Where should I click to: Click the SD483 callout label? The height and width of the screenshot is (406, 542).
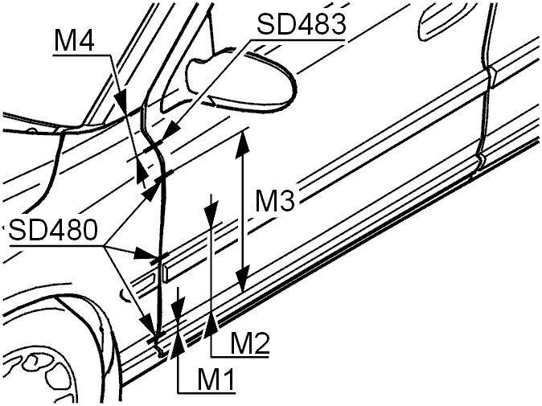click(x=301, y=24)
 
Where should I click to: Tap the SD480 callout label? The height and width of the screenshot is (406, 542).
click(x=53, y=230)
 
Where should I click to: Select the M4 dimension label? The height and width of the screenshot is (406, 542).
click(x=74, y=41)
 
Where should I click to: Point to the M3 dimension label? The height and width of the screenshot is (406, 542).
click(x=275, y=201)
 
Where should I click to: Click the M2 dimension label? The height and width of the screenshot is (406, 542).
click(x=249, y=344)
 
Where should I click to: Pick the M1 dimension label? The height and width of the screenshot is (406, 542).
click(x=216, y=380)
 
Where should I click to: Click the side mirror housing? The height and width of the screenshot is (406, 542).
click(x=241, y=80)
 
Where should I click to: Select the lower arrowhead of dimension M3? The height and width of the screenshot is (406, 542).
click(x=244, y=278)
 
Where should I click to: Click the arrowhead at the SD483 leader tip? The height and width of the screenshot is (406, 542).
click(x=172, y=131)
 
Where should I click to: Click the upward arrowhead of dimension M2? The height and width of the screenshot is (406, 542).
click(x=211, y=325)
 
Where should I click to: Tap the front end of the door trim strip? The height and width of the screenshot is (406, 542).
click(x=165, y=273)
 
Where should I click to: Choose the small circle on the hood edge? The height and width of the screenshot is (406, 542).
click(x=32, y=130)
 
